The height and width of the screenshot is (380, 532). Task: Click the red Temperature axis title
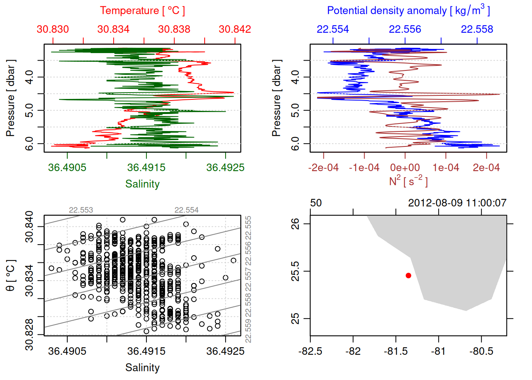coord(142,11)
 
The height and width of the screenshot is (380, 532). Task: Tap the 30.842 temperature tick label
coord(235,29)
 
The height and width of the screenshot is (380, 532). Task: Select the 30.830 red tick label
coord(53,29)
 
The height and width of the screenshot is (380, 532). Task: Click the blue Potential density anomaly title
coord(408,10)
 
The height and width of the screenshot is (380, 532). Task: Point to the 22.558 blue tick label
coord(477,29)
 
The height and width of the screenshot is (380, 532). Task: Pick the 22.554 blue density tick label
coord(333,29)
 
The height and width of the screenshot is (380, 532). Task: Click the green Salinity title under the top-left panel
coord(142,184)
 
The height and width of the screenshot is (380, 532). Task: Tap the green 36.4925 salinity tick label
coord(225,167)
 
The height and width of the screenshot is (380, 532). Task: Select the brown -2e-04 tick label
coord(323,167)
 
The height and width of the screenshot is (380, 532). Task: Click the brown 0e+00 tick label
coord(405,167)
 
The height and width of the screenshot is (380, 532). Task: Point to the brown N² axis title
coord(408,181)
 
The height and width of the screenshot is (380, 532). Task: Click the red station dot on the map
coord(408,275)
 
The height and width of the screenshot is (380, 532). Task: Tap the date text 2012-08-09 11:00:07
coord(457,203)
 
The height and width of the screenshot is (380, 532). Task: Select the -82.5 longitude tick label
coord(310,351)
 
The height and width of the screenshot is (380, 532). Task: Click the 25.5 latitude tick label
coord(295,271)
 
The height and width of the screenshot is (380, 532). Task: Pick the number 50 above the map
coord(316,203)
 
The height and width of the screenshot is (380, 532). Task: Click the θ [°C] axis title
coord(11,275)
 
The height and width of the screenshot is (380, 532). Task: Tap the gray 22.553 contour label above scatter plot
coord(81,210)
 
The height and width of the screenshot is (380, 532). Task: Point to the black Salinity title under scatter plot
coord(142,368)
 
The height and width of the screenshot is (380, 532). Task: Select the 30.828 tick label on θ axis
coord(29,335)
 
